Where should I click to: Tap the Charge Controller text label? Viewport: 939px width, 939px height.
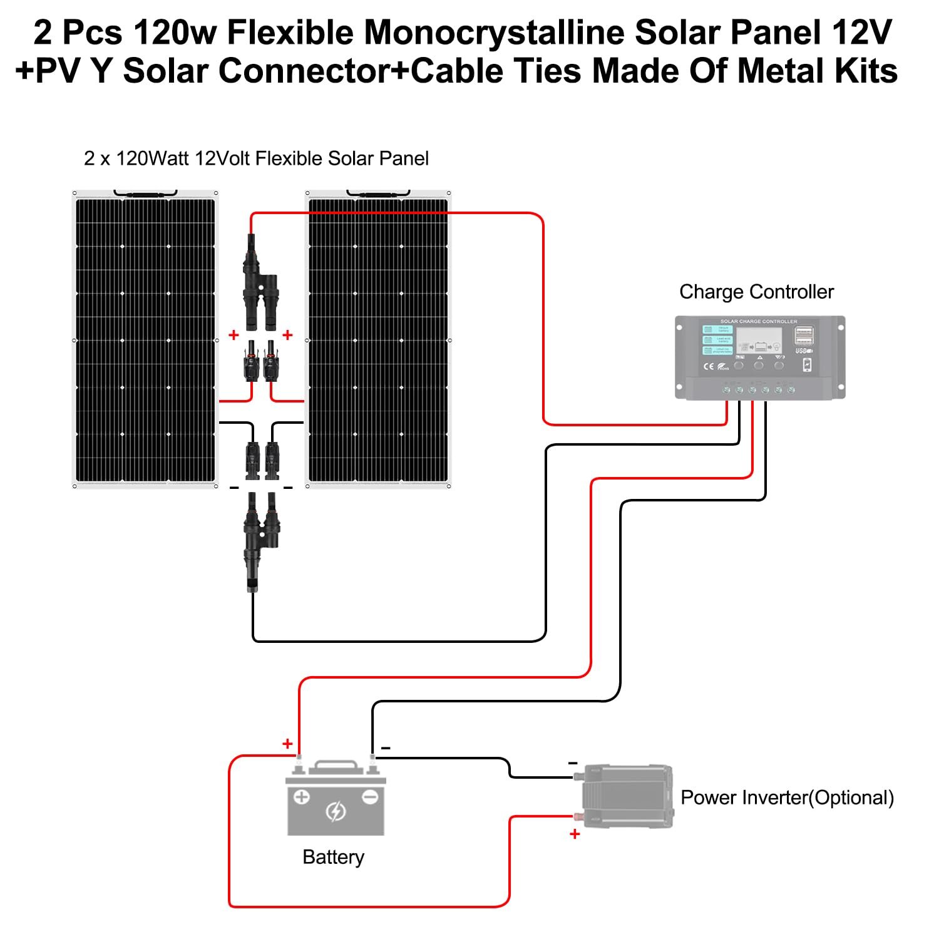[x=756, y=292]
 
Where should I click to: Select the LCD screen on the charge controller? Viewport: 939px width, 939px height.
[x=759, y=342]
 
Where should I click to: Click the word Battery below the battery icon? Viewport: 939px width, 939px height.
[x=333, y=857]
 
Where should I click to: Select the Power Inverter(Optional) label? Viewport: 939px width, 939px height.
[x=787, y=798]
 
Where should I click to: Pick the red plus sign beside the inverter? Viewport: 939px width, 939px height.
[x=575, y=834]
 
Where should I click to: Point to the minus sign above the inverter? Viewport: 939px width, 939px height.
[x=573, y=763]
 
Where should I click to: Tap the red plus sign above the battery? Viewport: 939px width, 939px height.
[x=287, y=744]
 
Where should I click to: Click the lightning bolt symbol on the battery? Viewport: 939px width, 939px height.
[x=336, y=812]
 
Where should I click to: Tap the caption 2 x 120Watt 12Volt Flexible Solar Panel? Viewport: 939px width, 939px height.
[x=256, y=158]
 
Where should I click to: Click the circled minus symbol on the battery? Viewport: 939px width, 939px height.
[x=370, y=797]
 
